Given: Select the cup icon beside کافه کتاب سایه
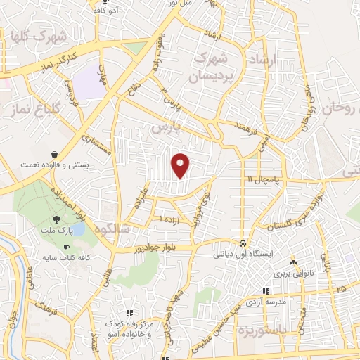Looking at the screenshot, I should click(x=66, y=247).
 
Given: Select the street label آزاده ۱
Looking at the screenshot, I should click(x=169, y=219).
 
